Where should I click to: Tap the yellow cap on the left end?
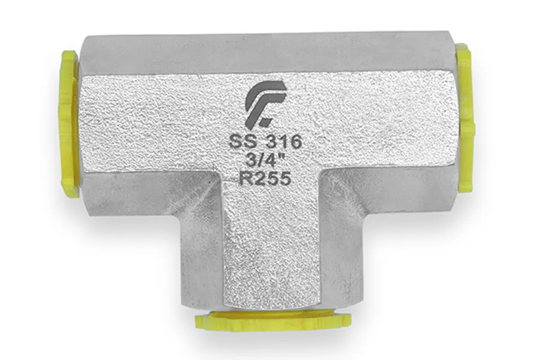pyautogui.click(x=70, y=122)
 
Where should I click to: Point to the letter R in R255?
pyautogui.click(x=245, y=179)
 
